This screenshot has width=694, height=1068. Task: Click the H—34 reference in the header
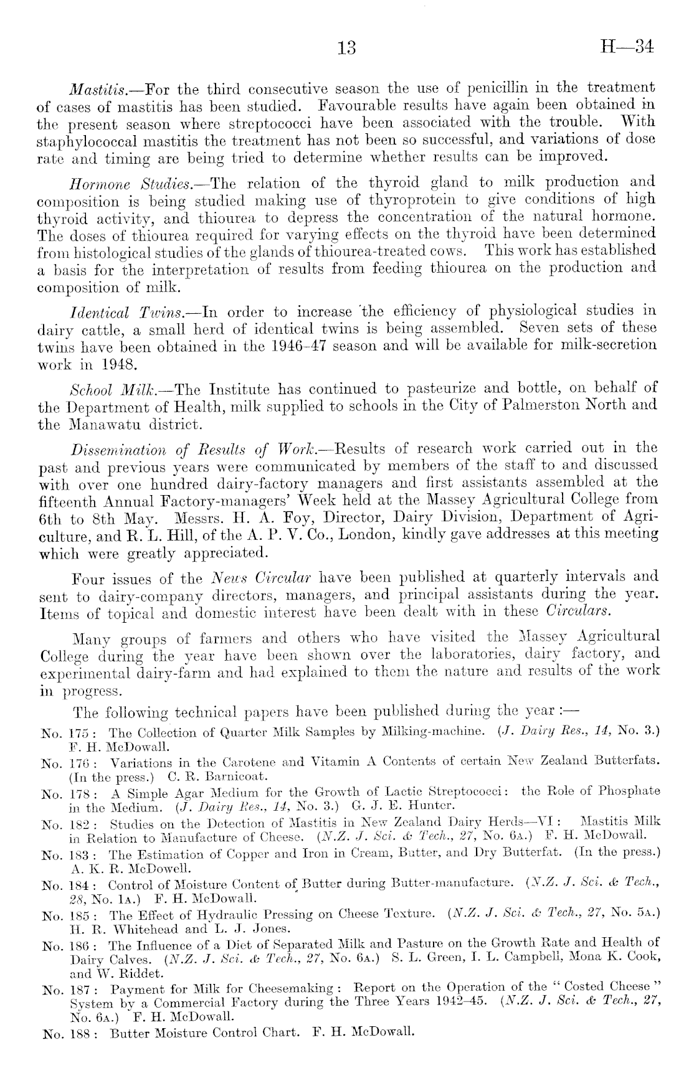(x=624, y=47)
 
